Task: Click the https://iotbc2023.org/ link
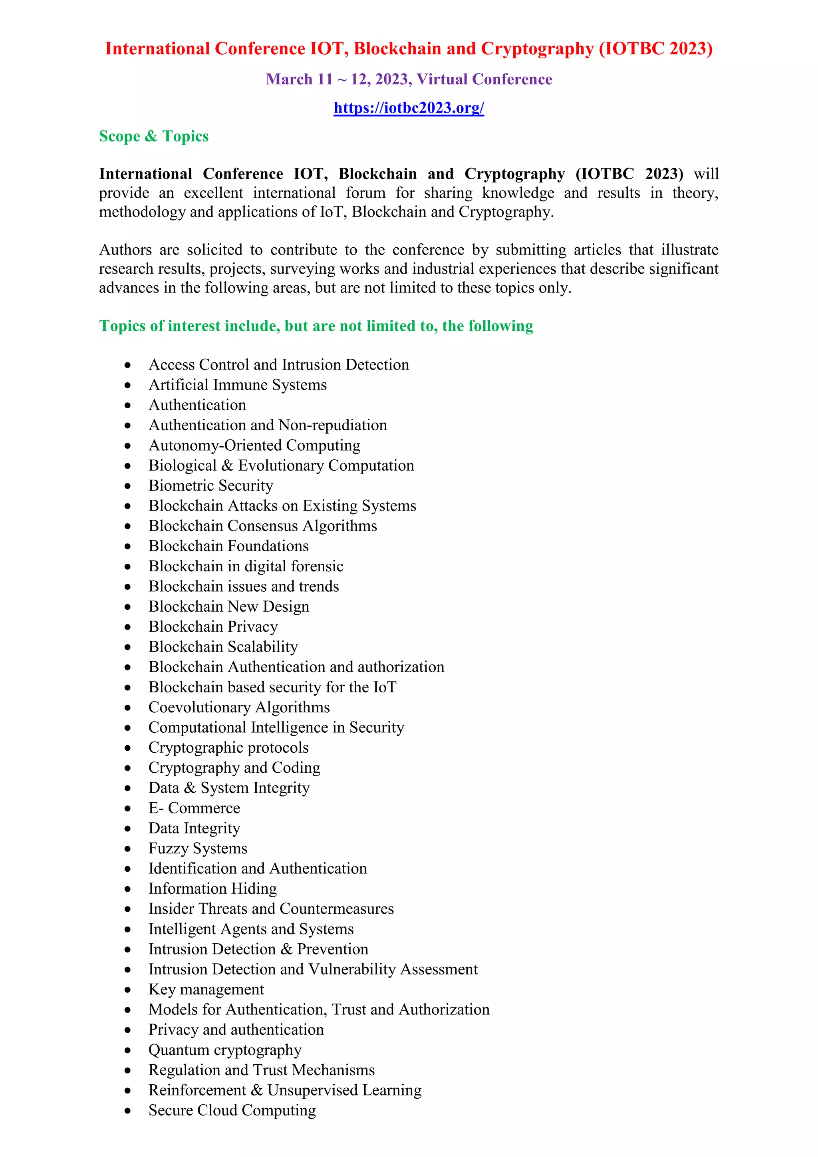coord(409,108)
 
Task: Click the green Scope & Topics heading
coord(154,137)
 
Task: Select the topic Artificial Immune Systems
coord(237,385)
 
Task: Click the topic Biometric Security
coord(210,486)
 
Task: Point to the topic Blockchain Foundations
coord(228,546)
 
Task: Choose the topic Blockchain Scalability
coord(222,647)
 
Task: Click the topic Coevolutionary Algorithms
coord(239,708)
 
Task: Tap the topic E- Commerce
coord(194,808)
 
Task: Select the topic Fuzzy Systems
coord(197,849)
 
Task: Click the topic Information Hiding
coord(212,889)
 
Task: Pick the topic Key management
coord(206,990)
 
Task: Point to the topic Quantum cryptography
coord(224,1050)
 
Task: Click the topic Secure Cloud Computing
coord(232,1111)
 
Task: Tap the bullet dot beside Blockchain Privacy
coord(128,627)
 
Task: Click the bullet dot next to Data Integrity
coord(128,829)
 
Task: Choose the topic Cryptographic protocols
coord(228,748)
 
